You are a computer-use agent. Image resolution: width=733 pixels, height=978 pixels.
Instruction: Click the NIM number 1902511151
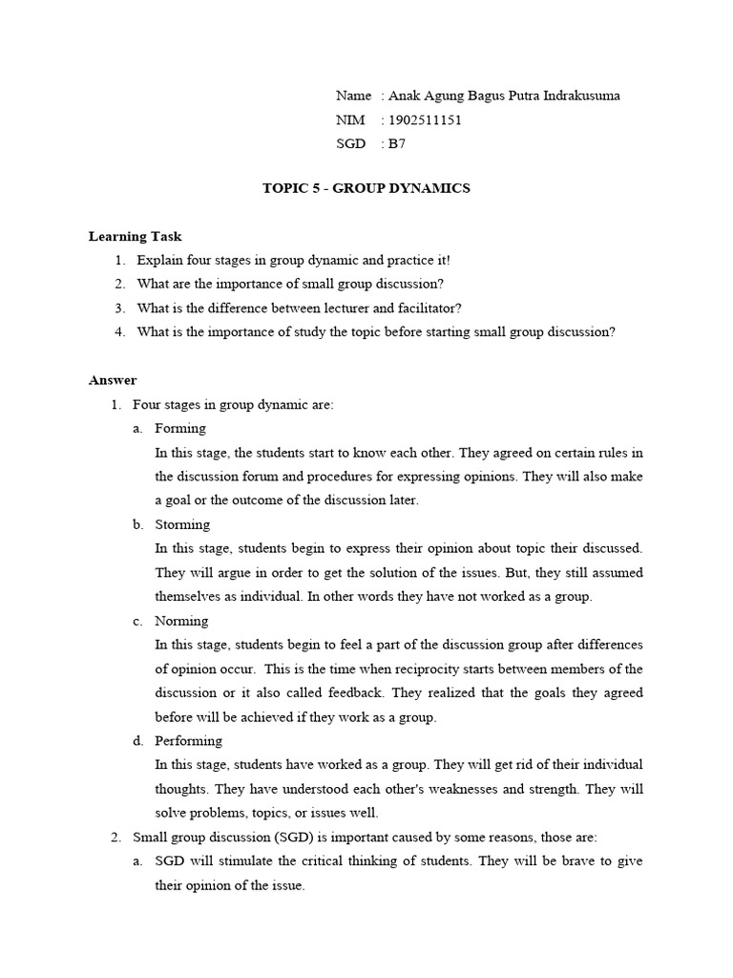coord(424,120)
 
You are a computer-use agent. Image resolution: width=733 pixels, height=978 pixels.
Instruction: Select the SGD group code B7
coord(395,144)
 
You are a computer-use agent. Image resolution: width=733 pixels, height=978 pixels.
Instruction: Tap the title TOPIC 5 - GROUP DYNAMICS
coord(366,188)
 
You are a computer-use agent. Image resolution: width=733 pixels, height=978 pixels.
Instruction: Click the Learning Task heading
coord(135,236)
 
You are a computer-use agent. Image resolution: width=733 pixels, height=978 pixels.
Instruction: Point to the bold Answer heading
coord(113,380)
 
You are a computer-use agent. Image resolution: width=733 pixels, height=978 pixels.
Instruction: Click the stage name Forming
coord(180,428)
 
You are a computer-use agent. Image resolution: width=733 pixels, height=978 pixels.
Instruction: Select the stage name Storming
coord(182,524)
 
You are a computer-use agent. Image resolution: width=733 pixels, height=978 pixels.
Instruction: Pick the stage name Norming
coord(181,621)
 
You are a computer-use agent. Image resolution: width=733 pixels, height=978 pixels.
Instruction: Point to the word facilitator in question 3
coord(429,308)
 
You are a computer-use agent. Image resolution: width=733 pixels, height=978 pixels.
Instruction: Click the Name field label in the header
coord(352,96)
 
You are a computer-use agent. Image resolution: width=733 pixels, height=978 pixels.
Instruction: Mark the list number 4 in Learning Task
coord(119,331)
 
